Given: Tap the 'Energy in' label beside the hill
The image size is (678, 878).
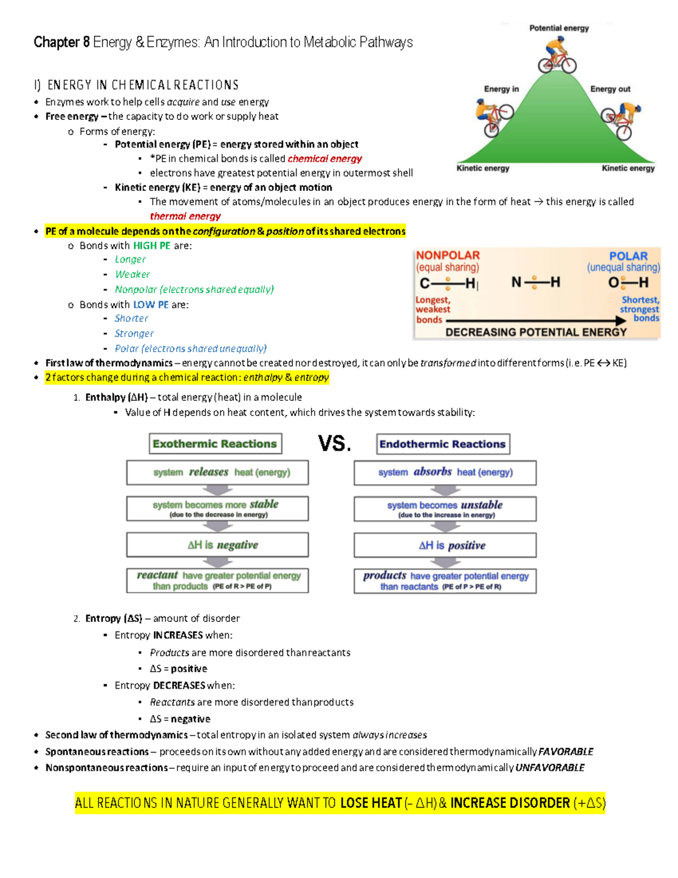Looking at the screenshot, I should click(501, 89).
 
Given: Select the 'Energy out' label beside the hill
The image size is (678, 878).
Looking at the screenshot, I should click(610, 89).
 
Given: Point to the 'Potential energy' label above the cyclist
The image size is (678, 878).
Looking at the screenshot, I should click(559, 28).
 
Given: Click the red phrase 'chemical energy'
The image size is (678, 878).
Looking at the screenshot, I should click(325, 159).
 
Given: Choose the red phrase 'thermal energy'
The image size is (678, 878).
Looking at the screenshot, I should click(185, 216).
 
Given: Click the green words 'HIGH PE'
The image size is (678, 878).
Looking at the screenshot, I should click(151, 245).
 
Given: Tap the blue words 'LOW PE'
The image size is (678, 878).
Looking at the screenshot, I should click(151, 304).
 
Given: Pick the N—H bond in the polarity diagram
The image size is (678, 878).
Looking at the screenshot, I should click(535, 282).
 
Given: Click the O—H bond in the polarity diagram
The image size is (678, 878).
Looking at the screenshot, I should click(628, 282).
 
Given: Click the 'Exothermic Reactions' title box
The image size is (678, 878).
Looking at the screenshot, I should click(215, 444).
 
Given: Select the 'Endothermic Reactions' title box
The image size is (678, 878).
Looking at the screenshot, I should click(443, 444).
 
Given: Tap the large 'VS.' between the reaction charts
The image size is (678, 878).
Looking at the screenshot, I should click(334, 444).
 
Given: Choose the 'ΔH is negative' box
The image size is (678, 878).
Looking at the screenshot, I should click(218, 545).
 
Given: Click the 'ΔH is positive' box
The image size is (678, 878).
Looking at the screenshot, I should click(445, 546).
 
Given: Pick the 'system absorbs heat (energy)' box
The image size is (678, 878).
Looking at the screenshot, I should click(445, 473).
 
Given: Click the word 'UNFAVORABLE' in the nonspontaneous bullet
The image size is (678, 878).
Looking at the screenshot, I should click(550, 768).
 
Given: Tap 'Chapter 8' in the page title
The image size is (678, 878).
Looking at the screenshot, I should click(61, 42).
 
